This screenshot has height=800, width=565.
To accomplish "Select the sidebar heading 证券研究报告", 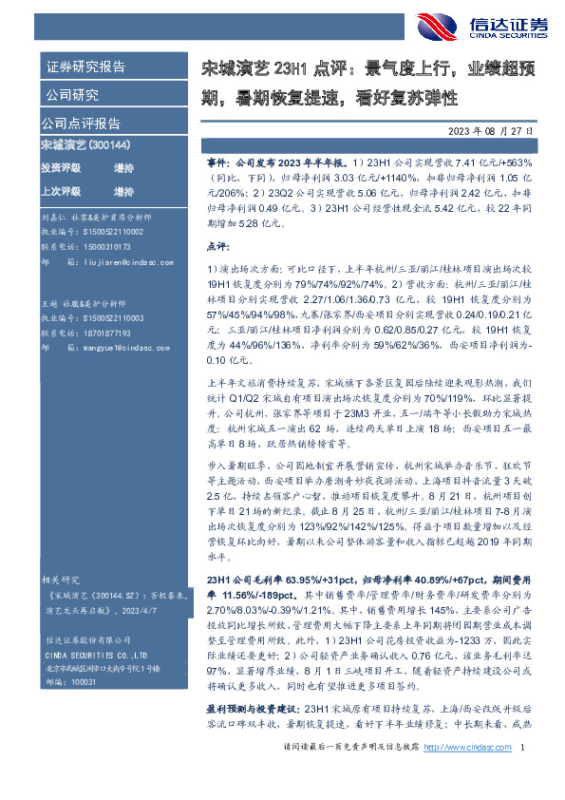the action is coord(85,67).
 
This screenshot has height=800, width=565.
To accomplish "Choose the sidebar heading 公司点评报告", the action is coord(80,124).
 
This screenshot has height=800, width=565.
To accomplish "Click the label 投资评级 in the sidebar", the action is coord(61,167).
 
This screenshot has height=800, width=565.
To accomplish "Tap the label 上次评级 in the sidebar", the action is coord(61,190).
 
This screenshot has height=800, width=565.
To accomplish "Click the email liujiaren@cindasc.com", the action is coord(119,257).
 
